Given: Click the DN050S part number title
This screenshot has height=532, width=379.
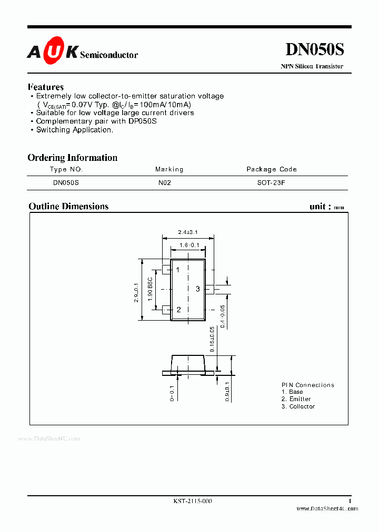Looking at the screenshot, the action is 314,49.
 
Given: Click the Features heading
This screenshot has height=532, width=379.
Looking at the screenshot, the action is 46,87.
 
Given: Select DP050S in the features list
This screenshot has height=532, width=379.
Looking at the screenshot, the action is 141,121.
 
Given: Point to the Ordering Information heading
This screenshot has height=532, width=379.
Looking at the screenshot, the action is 72,158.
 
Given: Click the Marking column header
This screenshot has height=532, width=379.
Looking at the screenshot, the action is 169,169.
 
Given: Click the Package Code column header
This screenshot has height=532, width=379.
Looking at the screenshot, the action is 272,169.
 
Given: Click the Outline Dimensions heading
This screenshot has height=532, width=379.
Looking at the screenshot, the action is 68,207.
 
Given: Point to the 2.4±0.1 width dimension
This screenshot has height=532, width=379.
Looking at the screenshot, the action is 187,232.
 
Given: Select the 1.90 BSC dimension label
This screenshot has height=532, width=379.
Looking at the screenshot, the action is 150,289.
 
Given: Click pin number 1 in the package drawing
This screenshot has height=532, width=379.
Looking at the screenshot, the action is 178,270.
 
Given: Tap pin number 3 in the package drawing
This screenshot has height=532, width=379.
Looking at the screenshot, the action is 198,289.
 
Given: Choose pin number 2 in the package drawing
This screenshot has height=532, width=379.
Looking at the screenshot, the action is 178,310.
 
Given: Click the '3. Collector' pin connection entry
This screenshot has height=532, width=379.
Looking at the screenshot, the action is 298,406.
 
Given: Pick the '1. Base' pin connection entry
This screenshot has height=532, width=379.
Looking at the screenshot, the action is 292,392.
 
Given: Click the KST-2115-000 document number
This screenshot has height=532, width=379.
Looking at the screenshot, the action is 193,502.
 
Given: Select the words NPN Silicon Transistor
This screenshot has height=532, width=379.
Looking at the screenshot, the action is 312,66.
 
